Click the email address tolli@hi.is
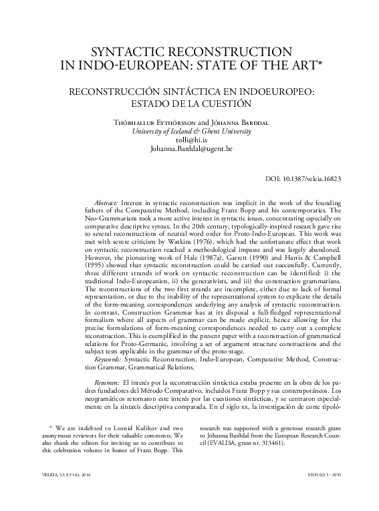[189, 142]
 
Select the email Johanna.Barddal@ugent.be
[189, 151]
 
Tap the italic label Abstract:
[103, 202]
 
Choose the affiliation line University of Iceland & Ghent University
[189, 132]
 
